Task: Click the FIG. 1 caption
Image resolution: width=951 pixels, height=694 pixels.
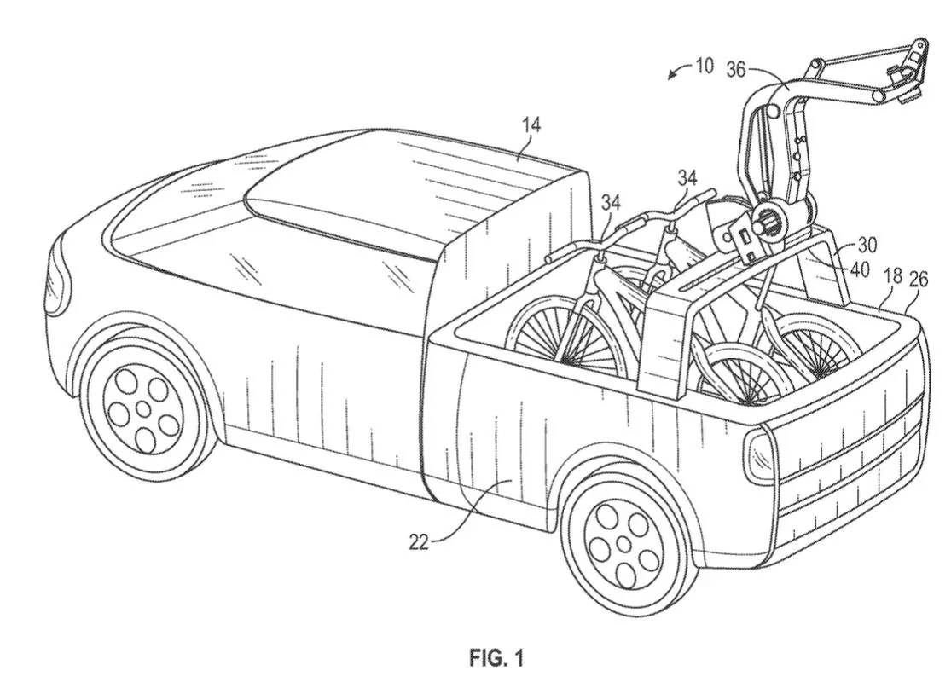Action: coord(496,658)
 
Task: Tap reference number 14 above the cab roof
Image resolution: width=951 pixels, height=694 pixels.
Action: coord(531,125)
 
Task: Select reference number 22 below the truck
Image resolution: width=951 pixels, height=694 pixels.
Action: coord(419,541)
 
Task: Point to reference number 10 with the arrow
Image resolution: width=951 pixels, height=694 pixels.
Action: coord(704,66)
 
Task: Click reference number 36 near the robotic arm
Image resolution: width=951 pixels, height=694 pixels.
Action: coord(736,69)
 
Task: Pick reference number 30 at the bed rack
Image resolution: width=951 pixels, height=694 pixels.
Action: coord(867,244)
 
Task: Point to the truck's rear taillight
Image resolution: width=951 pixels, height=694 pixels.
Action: coord(757,457)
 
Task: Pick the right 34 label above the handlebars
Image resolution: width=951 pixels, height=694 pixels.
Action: coord(687,177)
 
